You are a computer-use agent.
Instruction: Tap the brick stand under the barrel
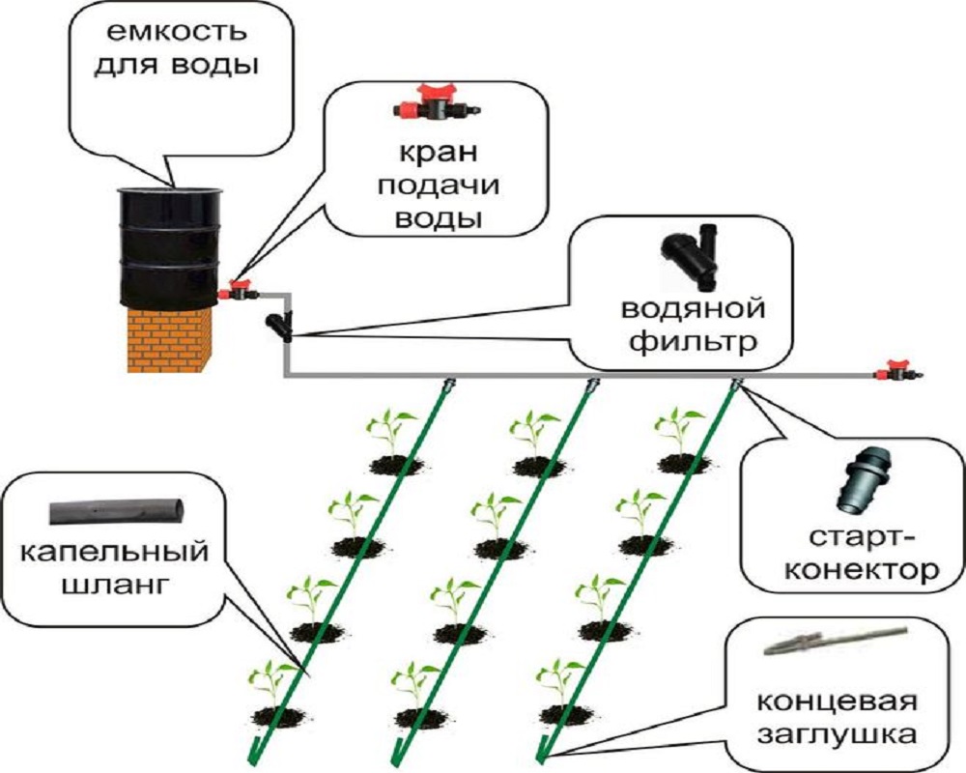[x=170, y=332]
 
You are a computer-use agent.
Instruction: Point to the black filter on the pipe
[x=281, y=324]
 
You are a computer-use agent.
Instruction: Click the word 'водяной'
[x=693, y=309]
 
